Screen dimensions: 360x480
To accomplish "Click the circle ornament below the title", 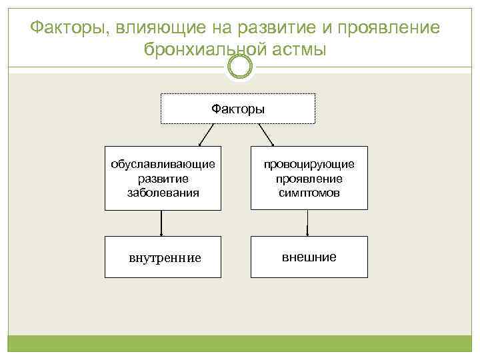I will tap(240, 66).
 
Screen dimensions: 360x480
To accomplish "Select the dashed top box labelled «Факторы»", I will tap(238, 109).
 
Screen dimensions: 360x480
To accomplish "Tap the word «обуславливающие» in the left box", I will tap(163, 164).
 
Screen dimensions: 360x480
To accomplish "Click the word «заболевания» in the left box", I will tap(163, 193).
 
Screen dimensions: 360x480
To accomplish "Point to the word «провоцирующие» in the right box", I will tap(309, 164).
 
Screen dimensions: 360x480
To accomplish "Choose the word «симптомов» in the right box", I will tap(309, 193).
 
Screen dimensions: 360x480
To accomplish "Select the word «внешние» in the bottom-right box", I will tap(309, 257).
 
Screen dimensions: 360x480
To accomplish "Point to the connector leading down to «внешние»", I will tap(307, 223).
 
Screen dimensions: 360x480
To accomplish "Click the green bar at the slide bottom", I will tap(240, 344).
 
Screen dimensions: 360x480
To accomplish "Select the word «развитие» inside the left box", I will tap(163, 179).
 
